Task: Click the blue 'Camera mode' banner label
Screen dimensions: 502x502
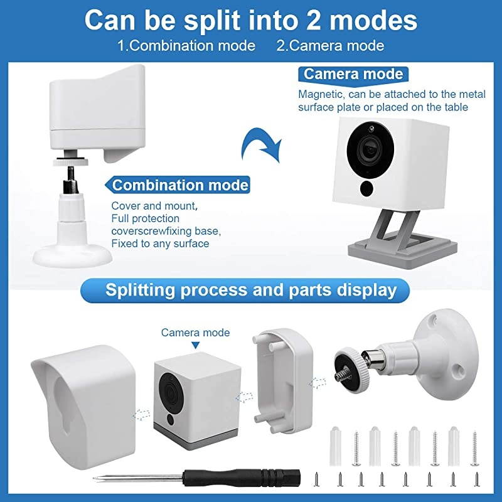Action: [353, 74]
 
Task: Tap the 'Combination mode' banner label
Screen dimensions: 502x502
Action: [180, 186]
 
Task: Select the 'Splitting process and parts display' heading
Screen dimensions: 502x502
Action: [251, 290]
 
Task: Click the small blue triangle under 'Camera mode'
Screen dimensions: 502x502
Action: [195, 346]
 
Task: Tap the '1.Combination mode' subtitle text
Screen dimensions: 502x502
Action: [186, 46]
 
